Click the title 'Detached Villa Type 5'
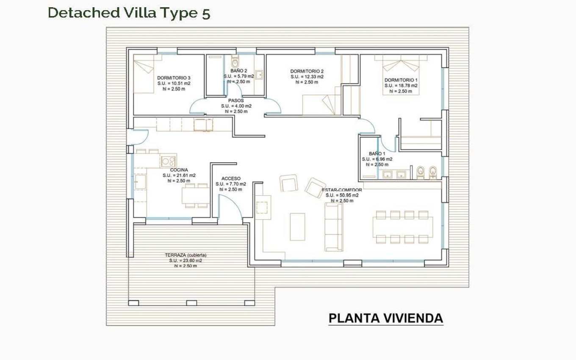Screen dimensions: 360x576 click(x=129, y=13)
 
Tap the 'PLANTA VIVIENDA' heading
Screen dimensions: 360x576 click(x=386, y=318)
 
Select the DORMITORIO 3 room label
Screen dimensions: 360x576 click(x=174, y=78)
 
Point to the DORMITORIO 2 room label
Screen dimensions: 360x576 click(x=307, y=71)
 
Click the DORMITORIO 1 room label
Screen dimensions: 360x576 click(x=401, y=80)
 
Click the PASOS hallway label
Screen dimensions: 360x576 click(x=236, y=101)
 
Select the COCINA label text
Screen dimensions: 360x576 click(x=179, y=170)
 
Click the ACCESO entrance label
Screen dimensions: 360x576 click(x=231, y=179)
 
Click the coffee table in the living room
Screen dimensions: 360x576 click(x=297, y=227)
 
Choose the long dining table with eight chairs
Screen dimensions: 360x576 click(x=402, y=227)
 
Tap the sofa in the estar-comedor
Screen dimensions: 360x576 click(x=333, y=227)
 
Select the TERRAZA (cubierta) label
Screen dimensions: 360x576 click(x=186, y=255)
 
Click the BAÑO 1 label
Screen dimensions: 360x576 click(x=377, y=154)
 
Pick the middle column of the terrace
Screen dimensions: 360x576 click(x=191, y=303)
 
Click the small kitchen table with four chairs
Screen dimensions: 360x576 click(x=196, y=196)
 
